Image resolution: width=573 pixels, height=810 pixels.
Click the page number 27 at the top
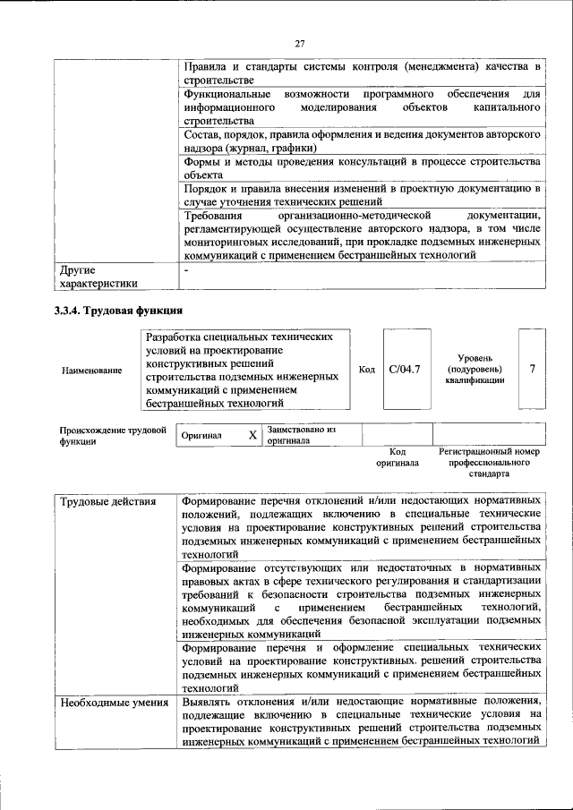300,43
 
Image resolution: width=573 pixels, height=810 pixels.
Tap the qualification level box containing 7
533,369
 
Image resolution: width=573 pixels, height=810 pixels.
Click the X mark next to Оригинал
252,435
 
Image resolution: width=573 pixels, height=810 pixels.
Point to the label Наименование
92,370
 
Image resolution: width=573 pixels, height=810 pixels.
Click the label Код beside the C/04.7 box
366,369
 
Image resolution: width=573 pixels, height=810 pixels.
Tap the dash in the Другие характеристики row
186,269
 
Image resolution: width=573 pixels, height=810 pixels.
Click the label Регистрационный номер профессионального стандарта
490,464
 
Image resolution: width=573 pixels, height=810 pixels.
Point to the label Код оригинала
398,458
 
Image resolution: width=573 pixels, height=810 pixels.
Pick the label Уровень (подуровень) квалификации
473,369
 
